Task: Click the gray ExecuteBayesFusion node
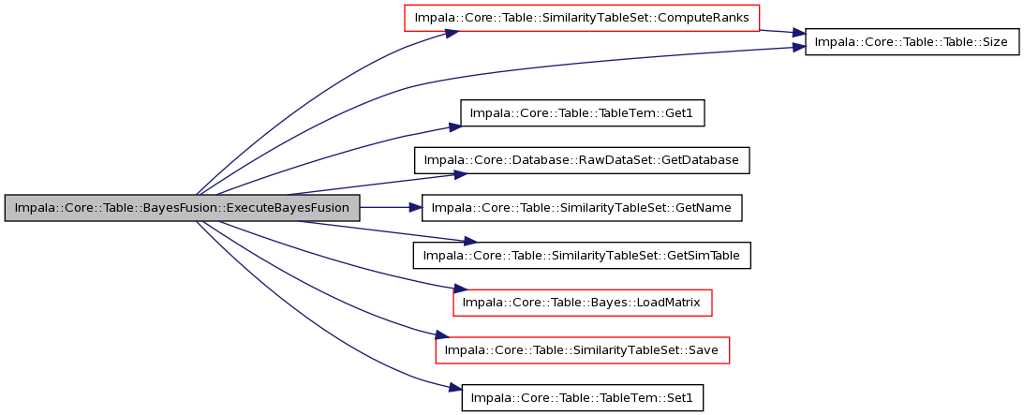tap(182, 208)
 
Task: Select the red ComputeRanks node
tap(582, 18)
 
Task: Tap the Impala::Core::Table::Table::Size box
tap(912, 42)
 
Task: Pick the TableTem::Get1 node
tap(582, 114)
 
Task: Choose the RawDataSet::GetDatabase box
tap(582, 160)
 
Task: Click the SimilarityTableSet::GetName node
tap(582, 208)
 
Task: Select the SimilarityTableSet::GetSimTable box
tap(582, 255)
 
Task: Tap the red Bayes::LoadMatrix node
tap(582, 303)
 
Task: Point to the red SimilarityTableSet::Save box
tap(582, 350)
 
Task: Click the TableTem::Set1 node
tap(582, 398)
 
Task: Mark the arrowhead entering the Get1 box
tap(453, 125)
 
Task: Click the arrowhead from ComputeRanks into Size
tap(797, 34)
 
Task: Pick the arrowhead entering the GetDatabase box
tap(456, 173)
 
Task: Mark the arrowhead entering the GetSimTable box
tap(468, 242)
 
